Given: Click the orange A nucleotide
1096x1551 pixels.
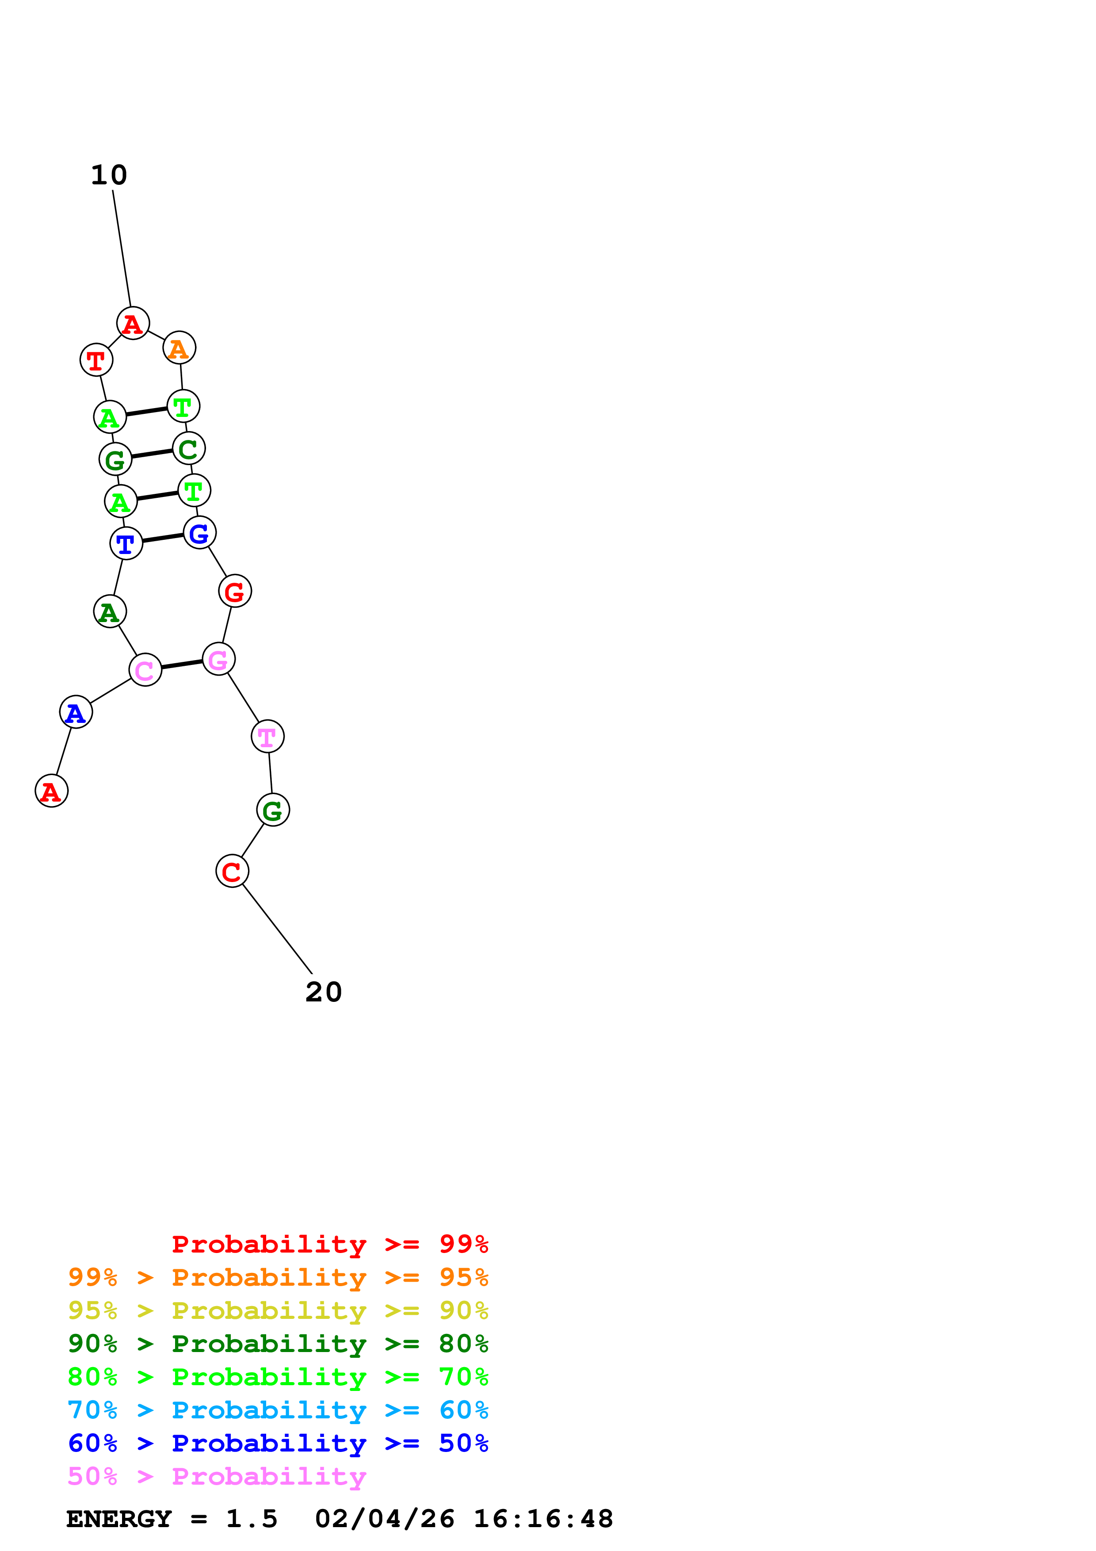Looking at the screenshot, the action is (179, 348).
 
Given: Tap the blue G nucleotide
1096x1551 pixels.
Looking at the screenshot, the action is (200, 532).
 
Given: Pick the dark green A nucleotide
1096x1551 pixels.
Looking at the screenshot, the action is (109, 611).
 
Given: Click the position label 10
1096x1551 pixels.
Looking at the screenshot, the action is (109, 176).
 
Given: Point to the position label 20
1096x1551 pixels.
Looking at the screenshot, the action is (324, 992).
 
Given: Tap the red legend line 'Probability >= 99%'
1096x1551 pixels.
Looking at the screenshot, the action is (329, 1244).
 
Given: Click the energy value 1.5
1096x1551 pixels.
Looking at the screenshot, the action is (251, 1519).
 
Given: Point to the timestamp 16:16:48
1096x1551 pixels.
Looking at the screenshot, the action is (543, 1519).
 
